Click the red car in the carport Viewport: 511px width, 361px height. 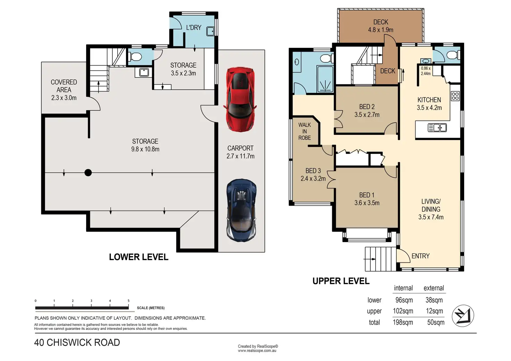pyautogui.click(x=241, y=99)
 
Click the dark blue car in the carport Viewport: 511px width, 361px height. pyautogui.click(x=241, y=210)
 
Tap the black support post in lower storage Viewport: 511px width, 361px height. pyautogui.click(x=88, y=172)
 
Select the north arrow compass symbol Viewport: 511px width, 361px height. pyautogui.click(x=463, y=316)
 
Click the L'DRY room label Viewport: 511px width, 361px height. pyautogui.click(x=194, y=28)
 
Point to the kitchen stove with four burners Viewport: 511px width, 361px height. pyautogui.click(x=455, y=96)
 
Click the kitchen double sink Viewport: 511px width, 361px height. pyautogui.click(x=437, y=128)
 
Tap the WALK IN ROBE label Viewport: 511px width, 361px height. pyautogui.click(x=304, y=131)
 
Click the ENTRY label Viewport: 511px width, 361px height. pyautogui.click(x=420, y=256)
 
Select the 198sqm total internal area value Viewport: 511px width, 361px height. pyautogui.click(x=403, y=322)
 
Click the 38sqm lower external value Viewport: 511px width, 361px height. pyautogui.click(x=434, y=300)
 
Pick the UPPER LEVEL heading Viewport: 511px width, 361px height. pyautogui.click(x=341, y=281)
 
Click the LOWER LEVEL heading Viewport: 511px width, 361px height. pyautogui.click(x=139, y=257)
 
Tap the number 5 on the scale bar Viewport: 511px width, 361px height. pyautogui.click(x=128, y=301)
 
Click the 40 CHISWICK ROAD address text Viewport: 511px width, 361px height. pyautogui.click(x=77, y=343)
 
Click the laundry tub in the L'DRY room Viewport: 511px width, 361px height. pyautogui.click(x=210, y=32)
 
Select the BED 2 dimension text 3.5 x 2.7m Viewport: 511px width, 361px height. pyautogui.click(x=367, y=114)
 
